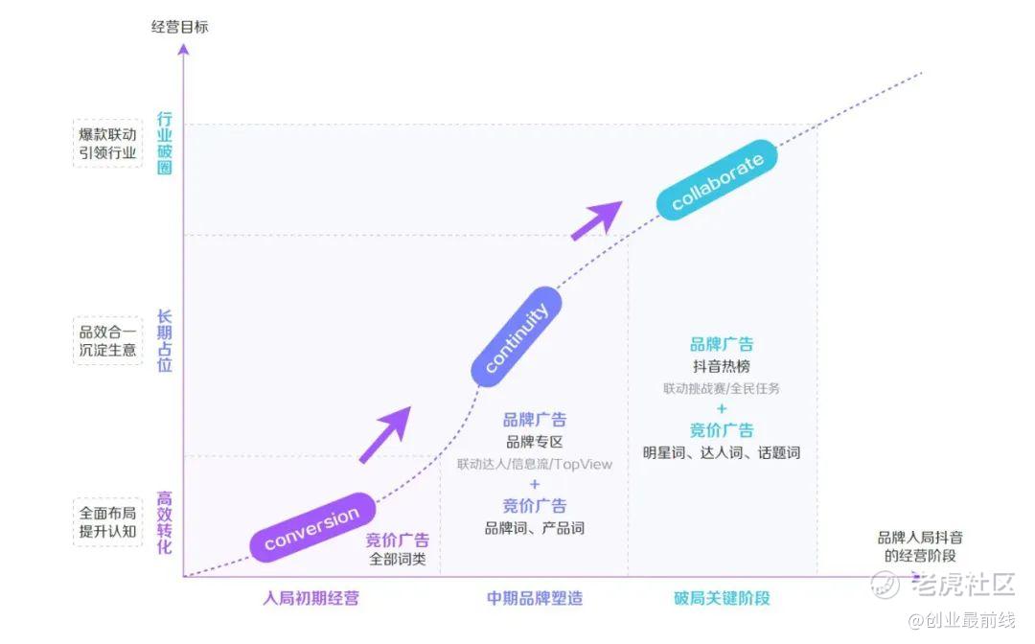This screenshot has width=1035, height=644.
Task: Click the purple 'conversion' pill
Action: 311,526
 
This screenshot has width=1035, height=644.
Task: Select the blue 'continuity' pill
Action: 517,336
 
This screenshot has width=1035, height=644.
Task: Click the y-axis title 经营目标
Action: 179,27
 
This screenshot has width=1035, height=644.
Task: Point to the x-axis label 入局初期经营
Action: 311,599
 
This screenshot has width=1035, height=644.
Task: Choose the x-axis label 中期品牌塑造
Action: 534,599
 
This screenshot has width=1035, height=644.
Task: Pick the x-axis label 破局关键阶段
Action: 722,599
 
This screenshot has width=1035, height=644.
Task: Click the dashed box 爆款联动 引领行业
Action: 108,143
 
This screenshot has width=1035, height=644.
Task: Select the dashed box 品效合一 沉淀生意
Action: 108,340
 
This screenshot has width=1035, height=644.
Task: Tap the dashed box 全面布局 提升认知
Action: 108,522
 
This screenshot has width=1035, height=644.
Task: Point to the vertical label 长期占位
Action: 165,340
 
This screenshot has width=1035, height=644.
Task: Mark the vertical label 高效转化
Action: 165,522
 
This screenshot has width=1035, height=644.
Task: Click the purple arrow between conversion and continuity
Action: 385,434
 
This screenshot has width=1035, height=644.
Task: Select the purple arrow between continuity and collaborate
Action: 596,220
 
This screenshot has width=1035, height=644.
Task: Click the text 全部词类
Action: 397,560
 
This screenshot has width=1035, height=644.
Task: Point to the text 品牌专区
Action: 534,442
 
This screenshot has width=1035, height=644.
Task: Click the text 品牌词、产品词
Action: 534,528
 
